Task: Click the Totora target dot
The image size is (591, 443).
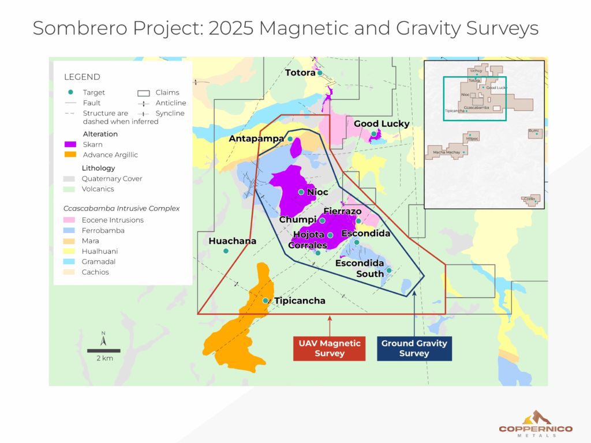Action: [320, 73]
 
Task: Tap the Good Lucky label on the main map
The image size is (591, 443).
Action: [381, 123]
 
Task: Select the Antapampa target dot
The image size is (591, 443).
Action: [290, 139]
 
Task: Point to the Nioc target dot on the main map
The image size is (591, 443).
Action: [301, 192]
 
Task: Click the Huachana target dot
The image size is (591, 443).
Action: [226, 251]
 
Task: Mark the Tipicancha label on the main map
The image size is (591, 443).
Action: [300, 301]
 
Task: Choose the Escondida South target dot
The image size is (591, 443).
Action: [389, 270]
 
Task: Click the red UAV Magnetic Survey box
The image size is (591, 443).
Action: [329, 348]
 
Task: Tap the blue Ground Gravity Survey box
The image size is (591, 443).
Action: [414, 348]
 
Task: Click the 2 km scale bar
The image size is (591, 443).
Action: [104, 351]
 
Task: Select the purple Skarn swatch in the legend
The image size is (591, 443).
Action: [70, 144]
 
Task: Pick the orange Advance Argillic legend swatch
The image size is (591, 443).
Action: [70, 155]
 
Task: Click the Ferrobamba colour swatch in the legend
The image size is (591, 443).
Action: [70, 231]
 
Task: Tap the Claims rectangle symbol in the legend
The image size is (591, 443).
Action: [144, 92]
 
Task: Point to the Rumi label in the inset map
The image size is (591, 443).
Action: [533, 130]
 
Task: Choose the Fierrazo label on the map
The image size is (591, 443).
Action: [342, 212]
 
